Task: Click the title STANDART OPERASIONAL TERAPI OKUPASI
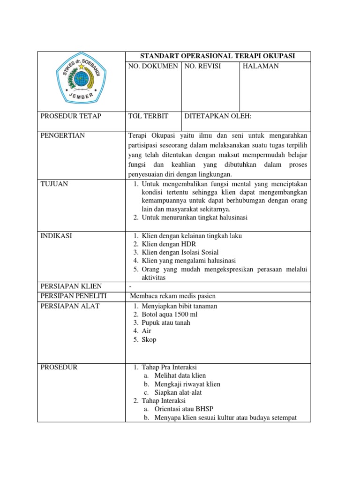pyautogui.click(x=218, y=56)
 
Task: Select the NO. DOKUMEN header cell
pyautogui.click(x=153, y=67)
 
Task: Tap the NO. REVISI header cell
pyautogui.click(x=202, y=67)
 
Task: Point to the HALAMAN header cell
pyautogui.click(x=260, y=67)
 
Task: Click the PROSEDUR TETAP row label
pyautogui.click(x=71, y=116)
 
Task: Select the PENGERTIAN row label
pyautogui.click(x=63, y=135)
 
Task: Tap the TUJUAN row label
pyautogui.click(x=54, y=184)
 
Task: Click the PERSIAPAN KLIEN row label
pyautogui.click(x=71, y=286)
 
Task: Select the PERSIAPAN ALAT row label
pyautogui.click(x=70, y=306)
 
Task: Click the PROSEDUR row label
pyautogui.click(x=60, y=367)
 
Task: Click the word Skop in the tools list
pyautogui.click(x=149, y=340)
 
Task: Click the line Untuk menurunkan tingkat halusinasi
pyautogui.click(x=194, y=217)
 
